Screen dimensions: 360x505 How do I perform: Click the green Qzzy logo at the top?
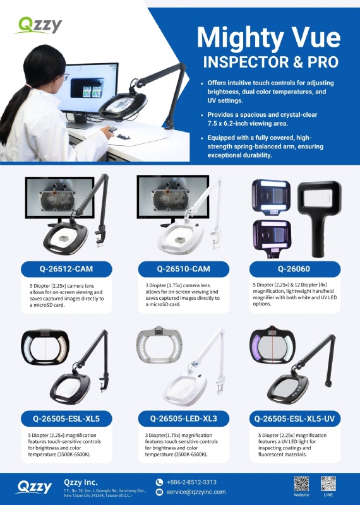point(38,25)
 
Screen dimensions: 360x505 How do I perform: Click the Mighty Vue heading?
point(269,39)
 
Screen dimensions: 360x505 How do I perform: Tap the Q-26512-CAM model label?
point(66,269)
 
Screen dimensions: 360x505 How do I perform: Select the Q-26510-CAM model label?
point(184,269)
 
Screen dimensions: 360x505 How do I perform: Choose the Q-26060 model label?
point(294,269)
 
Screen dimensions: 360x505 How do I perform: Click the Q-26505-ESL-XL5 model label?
point(66,419)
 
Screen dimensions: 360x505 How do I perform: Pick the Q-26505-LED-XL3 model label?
point(184,419)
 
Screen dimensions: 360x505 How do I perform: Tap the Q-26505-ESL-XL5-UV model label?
point(294,419)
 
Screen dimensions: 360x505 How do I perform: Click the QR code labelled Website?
point(301,484)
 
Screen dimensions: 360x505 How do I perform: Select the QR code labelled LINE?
point(328,484)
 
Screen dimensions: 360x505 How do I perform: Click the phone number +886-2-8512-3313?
point(191,482)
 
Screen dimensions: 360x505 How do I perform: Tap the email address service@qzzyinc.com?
point(196,492)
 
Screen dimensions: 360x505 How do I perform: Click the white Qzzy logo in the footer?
point(35,487)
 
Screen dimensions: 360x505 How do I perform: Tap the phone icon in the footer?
point(159,482)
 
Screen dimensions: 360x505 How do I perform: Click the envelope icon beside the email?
point(159,492)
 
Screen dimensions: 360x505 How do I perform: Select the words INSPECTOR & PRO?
point(271,62)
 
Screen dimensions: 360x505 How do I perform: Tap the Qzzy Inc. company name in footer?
point(81,482)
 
